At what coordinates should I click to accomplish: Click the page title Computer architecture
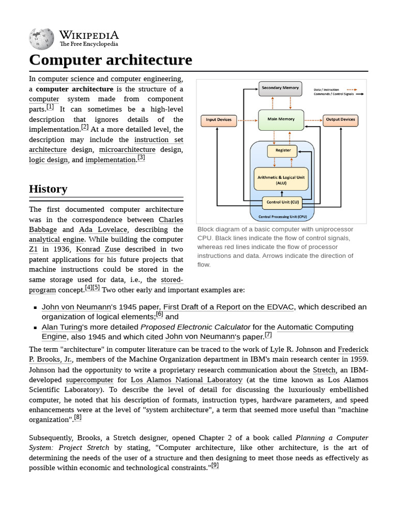pos(111,60)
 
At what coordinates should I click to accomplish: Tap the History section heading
pos(48,189)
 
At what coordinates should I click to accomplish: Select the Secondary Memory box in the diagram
pos(280,88)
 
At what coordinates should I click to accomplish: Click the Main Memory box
pos(281,119)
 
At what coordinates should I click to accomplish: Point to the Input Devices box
pos(219,120)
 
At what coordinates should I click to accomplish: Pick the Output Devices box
pos(340,120)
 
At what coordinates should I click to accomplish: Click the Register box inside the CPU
pos(282,151)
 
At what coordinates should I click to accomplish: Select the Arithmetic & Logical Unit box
pos(281,179)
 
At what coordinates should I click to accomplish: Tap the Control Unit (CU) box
pos(282,203)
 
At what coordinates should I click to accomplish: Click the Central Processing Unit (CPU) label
pos(282,216)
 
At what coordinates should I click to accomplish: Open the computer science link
pos(66,79)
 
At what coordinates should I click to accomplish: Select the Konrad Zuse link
pos(98,250)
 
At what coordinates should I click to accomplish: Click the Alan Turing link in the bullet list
pos(62,327)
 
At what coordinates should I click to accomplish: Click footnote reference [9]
pos(215,465)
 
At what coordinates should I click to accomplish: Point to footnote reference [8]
pos(78,417)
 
